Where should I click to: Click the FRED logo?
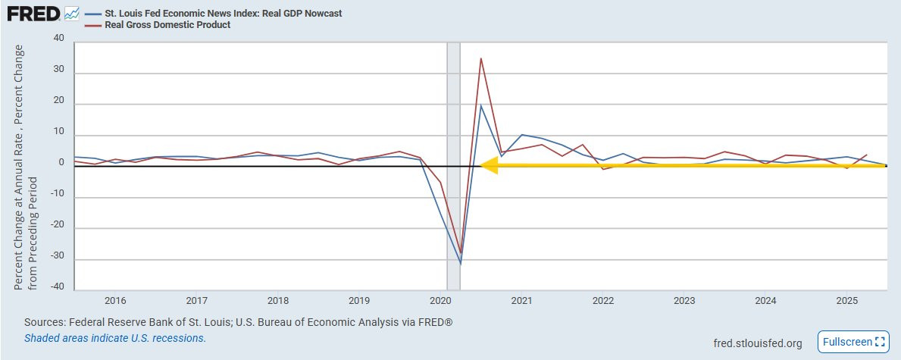coord(33,14)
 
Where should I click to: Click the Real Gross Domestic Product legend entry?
coord(167,25)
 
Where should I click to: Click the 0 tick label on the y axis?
coord(62,163)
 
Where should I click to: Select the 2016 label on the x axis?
coord(115,300)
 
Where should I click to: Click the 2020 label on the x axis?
coord(440,300)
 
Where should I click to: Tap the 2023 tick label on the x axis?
coord(684,300)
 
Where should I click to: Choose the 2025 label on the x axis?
coord(846,300)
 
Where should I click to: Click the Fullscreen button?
coord(853,342)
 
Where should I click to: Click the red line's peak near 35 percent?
coord(480,58)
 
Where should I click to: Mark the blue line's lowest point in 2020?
coord(461,263)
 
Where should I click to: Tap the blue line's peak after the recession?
coord(480,105)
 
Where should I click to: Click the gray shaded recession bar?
coord(453,167)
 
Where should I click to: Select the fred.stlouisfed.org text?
coord(758,343)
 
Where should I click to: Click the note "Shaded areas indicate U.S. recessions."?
coord(115,338)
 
